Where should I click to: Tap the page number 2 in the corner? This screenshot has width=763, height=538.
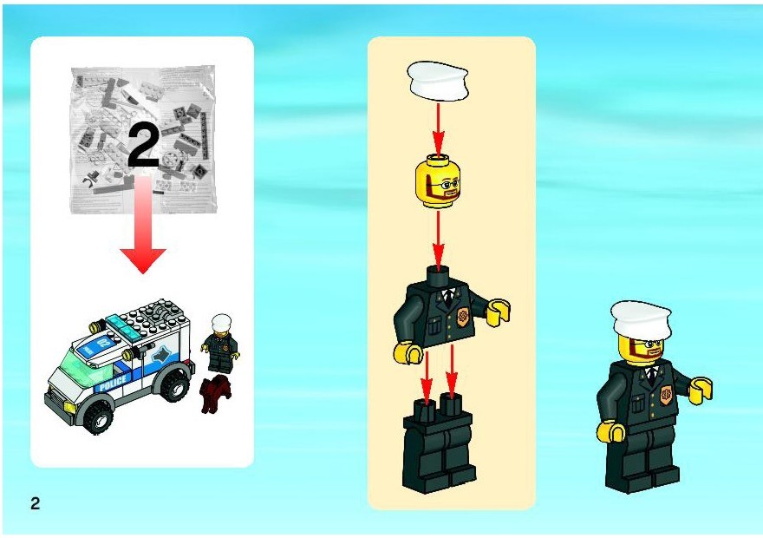tap(35, 503)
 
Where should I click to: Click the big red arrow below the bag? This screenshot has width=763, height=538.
tap(143, 225)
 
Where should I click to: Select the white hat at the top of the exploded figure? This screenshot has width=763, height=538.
tap(439, 81)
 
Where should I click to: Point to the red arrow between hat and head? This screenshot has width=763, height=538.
tap(439, 129)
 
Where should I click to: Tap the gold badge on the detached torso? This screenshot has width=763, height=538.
tap(462, 317)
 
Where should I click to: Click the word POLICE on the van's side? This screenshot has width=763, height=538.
tap(113, 382)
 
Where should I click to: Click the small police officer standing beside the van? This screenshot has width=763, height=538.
tap(220, 344)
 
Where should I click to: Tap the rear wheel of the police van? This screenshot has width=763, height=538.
tap(174, 383)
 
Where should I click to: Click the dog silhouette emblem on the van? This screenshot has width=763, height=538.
tap(160, 358)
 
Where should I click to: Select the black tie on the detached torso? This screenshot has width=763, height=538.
tap(448, 296)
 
